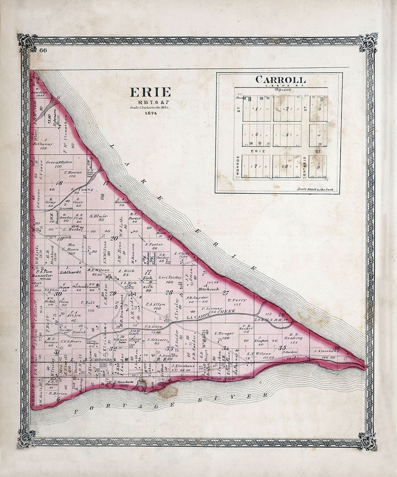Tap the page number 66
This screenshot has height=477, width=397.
43,50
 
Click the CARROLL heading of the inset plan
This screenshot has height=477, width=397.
280,79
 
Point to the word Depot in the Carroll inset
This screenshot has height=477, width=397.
284,89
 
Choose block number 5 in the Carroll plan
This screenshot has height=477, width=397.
287,135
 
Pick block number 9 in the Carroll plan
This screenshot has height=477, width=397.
318,167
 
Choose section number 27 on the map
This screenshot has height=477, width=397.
225,293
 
